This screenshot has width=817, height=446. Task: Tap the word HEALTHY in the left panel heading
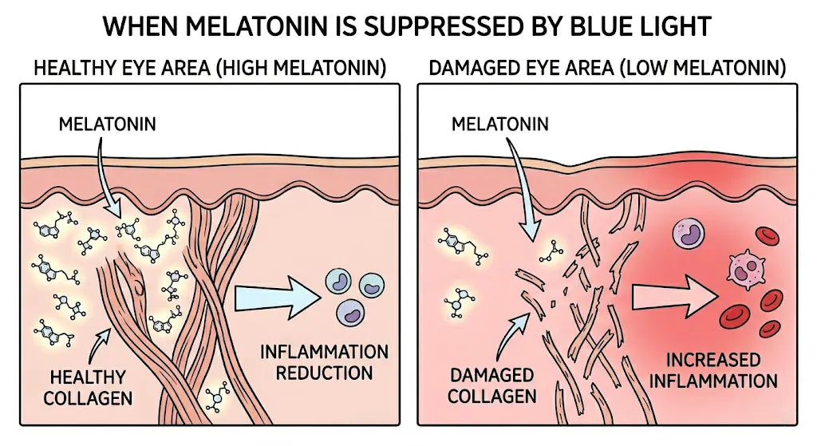tap(67, 68)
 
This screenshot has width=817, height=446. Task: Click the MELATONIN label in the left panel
tap(108, 124)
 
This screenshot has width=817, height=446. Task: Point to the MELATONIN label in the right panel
tap(500, 124)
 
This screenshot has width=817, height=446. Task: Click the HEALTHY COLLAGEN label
tap(88, 388)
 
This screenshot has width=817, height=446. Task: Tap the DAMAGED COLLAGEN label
tap(491, 385)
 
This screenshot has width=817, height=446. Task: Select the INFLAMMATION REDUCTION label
tap(324, 362)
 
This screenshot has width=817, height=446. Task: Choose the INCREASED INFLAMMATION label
tap(713, 370)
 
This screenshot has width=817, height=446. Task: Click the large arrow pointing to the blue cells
tap(277, 297)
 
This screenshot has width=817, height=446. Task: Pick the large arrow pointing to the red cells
tap(675, 296)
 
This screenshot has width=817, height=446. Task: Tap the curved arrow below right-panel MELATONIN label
tap(521, 187)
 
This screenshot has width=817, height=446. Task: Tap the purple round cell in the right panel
tap(689, 233)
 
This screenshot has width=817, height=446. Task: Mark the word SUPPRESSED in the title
tap(446, 26)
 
